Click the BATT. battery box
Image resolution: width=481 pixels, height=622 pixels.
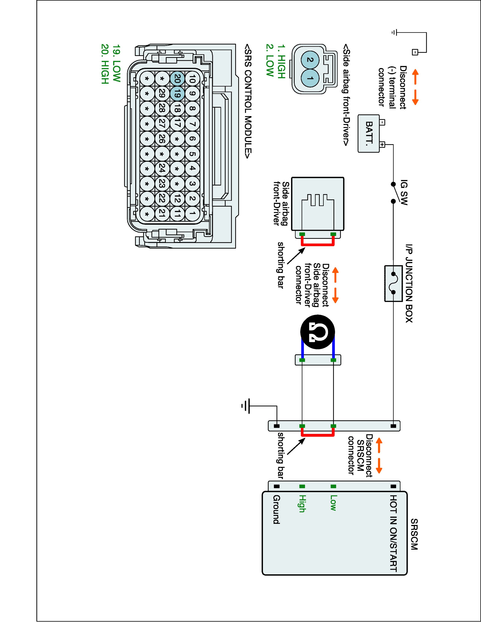(369, 133)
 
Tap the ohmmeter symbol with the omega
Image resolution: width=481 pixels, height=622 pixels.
(317, 332)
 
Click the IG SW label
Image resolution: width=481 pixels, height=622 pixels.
(404, 192)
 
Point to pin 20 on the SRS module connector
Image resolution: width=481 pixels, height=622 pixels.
(177, 78)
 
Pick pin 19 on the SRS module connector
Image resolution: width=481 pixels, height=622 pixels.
(177, 94)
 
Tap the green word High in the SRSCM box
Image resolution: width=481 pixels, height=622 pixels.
(302, 504)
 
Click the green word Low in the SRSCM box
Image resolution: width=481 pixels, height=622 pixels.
(333, 503)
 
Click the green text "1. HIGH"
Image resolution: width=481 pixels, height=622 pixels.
(281, 61)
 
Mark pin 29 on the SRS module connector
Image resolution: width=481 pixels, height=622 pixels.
(162, 94)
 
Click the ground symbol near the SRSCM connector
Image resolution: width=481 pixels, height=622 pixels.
(246, 406)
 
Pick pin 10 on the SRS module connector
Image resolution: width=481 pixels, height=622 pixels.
(192, 78)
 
